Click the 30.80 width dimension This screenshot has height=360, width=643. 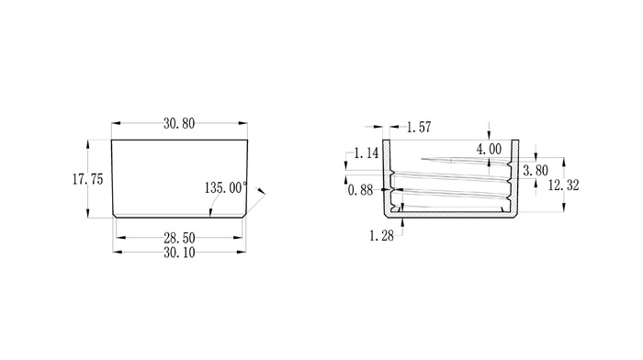pos(179,123)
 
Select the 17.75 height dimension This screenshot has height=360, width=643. pos(88,179)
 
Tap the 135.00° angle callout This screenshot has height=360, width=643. pos(226,187)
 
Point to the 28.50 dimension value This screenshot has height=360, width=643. pos(179,238)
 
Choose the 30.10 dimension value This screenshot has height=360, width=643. pos(179,253)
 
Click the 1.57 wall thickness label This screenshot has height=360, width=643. pos(419,127)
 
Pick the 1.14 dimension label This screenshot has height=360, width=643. pos(367,153)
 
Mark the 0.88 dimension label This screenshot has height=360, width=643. pos(360,190)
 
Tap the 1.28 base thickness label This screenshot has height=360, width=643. pos(381,236)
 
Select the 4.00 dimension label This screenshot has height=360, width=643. pos(489,150)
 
